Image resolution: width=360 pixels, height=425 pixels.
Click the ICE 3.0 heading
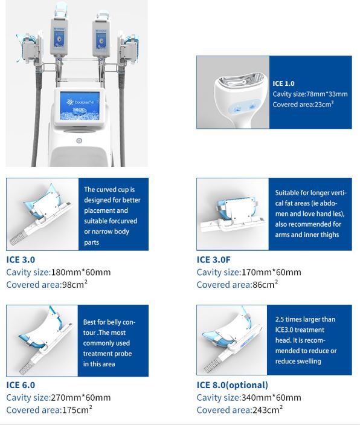coord(21,260)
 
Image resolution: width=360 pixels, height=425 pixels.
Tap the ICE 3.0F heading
coord(213,260)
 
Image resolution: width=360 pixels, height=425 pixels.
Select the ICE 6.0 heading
coord(21,385)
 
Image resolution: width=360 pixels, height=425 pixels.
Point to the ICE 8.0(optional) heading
coord(233,385)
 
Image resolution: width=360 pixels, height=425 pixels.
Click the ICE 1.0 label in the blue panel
coord(283,83)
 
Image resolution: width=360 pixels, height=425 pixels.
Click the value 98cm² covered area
coord(75,284)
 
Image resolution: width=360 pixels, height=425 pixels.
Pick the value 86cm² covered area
coord(265,284)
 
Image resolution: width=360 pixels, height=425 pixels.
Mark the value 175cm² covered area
coord(77,409)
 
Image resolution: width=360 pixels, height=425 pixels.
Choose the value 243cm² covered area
coord(268,409)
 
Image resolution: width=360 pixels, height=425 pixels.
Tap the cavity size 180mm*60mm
coord(81,272)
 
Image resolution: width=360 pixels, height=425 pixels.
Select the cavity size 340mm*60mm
coord(271,398)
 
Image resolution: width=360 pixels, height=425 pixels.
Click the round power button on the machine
coord(79,141)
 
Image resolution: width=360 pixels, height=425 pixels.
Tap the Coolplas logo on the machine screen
coord(79,102)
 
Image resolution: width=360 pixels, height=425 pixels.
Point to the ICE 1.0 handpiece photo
coord(233,92)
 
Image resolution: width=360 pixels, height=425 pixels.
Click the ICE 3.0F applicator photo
coord(233,214)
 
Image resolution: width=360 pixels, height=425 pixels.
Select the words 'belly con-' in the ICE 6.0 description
coord(120,322)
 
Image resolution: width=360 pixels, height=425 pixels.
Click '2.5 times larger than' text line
coord(305,319)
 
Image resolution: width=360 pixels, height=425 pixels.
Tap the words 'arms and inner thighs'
coord(307,235)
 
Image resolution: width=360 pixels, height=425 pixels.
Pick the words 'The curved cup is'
coord(109,189)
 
